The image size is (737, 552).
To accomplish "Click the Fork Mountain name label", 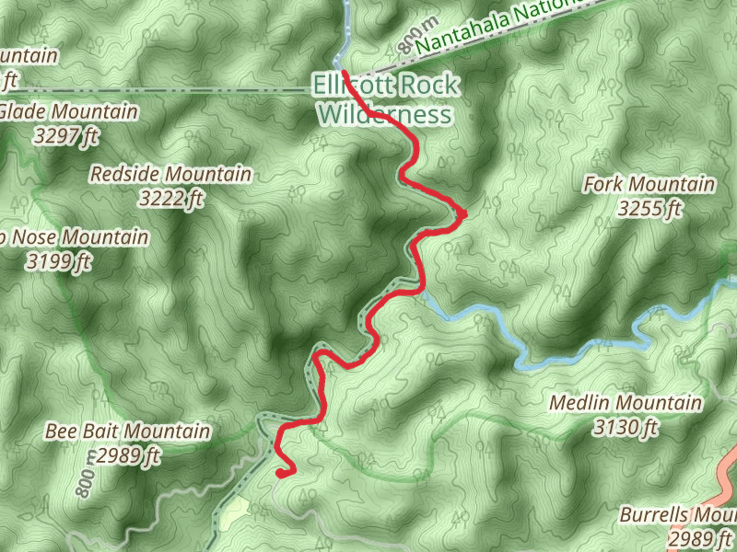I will [x=649, y=185].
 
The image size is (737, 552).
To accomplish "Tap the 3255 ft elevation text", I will [x=650, y=209].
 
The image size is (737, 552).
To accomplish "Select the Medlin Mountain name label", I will [x=625, y=403].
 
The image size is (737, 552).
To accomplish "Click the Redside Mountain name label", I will [x=170, y=174].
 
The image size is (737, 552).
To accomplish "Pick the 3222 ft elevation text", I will [x=170, y=197].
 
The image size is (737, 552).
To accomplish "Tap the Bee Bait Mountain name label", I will [x=127, y=431].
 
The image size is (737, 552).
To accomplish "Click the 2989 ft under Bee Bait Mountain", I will [x=128, y=454].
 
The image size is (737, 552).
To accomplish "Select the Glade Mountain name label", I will [x=69, y=112].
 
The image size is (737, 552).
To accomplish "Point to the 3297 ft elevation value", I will [x=64, y=136].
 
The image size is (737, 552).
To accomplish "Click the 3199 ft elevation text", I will [x=59, y=261].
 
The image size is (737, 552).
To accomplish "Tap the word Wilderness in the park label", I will [x=385, y=115].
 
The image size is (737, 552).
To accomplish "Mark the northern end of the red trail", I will [x=344, y=71].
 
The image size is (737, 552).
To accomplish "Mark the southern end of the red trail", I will [x=278, y=473].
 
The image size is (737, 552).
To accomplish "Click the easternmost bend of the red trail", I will [x=465, y=213].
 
